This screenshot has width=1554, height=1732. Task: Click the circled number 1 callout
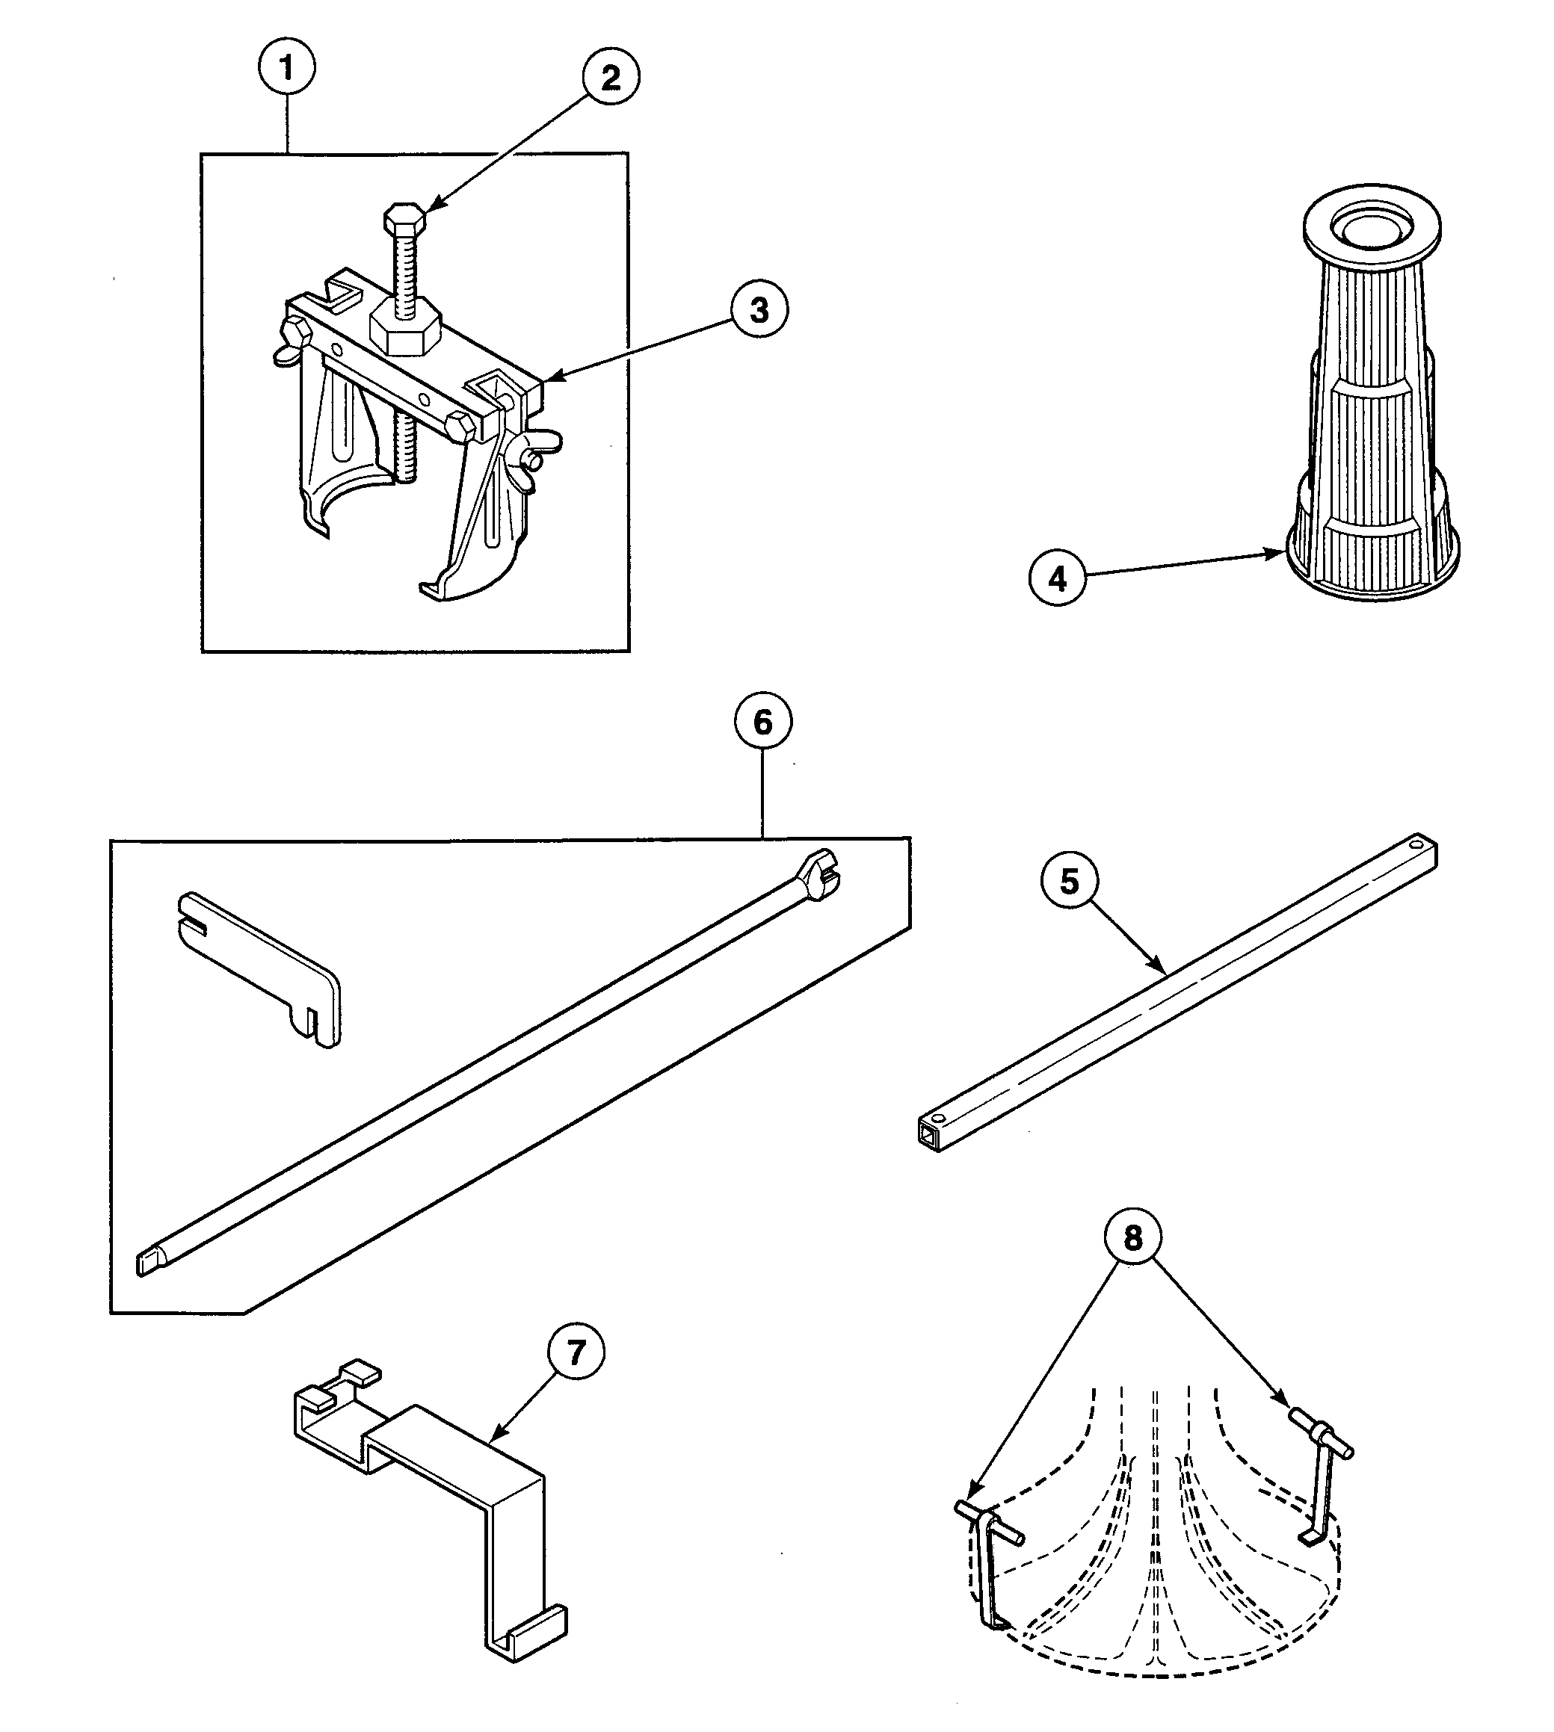coord(287,67)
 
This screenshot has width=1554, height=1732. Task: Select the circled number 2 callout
coord(611,78)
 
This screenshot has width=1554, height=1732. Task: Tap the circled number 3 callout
coord(759,311)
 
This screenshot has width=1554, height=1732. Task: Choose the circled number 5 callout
coord(1069,881)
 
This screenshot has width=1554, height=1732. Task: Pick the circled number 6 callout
coord(762,722)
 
